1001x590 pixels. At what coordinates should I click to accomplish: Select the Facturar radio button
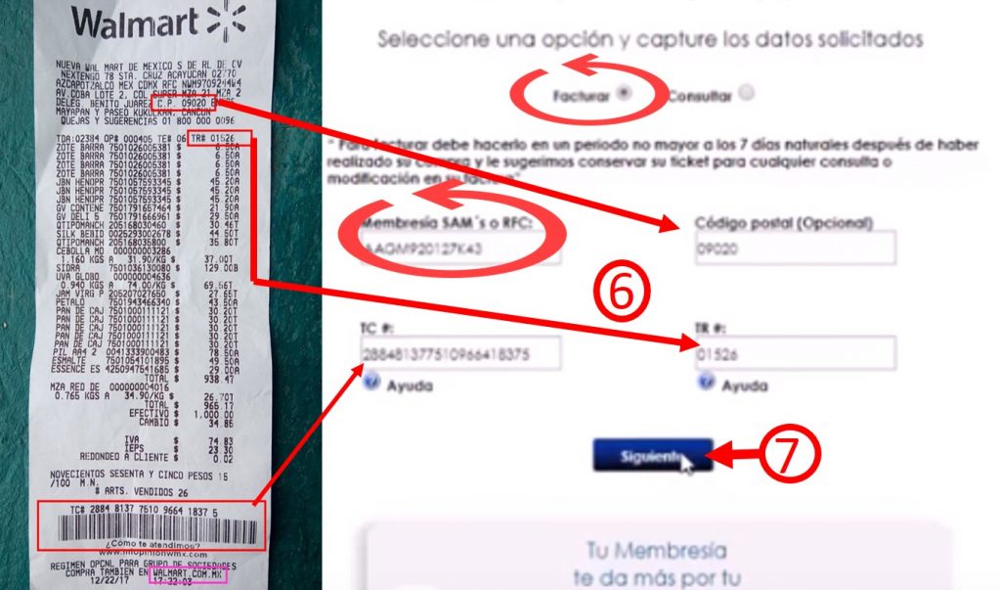coord(626,94)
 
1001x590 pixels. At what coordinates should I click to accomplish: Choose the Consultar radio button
coord(747,94)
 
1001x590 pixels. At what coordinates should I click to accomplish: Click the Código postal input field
coord(794,249)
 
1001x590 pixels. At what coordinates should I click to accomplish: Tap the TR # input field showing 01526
coord(794,353)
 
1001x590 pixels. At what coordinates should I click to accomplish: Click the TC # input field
coord(460,353)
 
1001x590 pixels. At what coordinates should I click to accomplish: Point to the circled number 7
coord(790,455)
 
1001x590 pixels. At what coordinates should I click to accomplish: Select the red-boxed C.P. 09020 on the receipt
coord(180,103)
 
